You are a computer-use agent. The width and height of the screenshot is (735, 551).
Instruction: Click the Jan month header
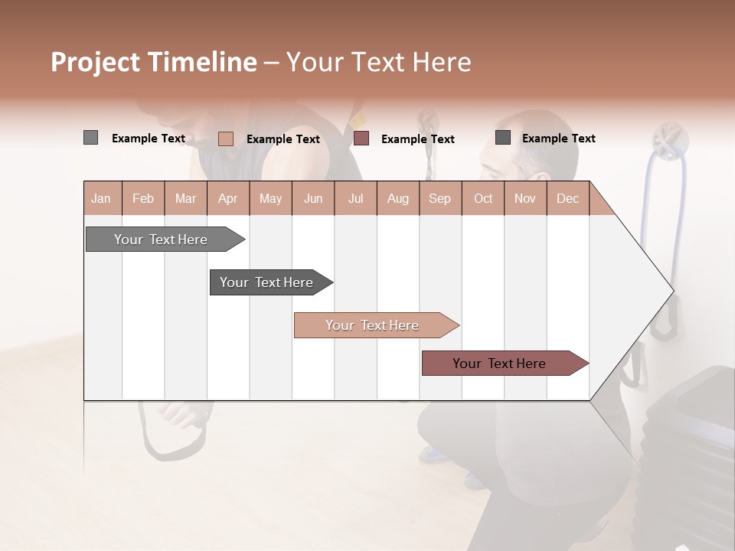click(101, 199)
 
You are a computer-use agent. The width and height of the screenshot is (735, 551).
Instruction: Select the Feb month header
click(143, 199)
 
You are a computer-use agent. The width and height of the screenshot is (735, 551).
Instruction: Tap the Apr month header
click(227, 199)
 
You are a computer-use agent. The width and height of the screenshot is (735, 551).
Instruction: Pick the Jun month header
click(313, 199)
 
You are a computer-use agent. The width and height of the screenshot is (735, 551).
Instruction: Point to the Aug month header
click(397, 199)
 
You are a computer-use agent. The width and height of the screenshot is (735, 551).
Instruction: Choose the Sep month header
click(439, 199)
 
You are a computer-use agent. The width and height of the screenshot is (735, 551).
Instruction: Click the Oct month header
click(483, 199)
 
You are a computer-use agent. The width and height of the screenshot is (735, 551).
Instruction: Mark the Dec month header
click(567, 199)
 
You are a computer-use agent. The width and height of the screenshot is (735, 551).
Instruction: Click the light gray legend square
click(90, 138)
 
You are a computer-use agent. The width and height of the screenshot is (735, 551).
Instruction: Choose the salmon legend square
click(225, 139)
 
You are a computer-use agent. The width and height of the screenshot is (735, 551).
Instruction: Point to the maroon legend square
click(361, 139)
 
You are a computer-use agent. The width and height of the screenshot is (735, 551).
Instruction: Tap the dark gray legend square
click(502, 138)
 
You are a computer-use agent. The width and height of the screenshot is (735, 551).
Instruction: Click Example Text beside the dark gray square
click(558, 139)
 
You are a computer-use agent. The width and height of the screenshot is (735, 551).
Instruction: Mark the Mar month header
click(185, 199)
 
